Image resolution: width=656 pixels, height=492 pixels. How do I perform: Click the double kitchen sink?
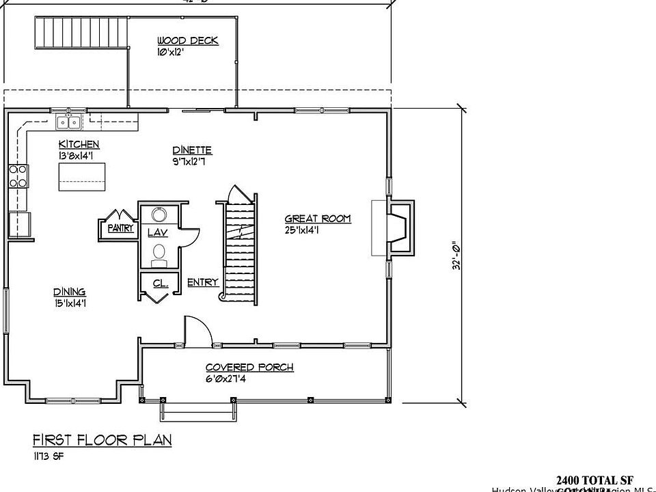(68, 123)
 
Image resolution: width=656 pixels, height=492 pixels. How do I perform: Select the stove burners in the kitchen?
(18, 176)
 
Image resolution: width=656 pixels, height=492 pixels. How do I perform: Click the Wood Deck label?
(187, 41)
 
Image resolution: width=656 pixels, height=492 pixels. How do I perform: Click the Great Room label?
(317, 219)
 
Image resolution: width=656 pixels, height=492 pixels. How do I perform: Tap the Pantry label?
(120, 229)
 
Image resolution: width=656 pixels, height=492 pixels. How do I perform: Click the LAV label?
(157, 233)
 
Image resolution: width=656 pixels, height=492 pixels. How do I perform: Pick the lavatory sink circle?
(159, 215)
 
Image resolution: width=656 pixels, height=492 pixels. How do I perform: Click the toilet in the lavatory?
(159, 255)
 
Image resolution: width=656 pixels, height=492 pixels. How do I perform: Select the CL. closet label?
(160, 282)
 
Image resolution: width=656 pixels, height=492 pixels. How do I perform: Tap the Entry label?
(202, 282)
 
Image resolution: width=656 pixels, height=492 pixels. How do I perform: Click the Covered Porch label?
(249, 368)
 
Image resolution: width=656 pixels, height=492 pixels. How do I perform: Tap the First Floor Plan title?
(102, 439)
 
